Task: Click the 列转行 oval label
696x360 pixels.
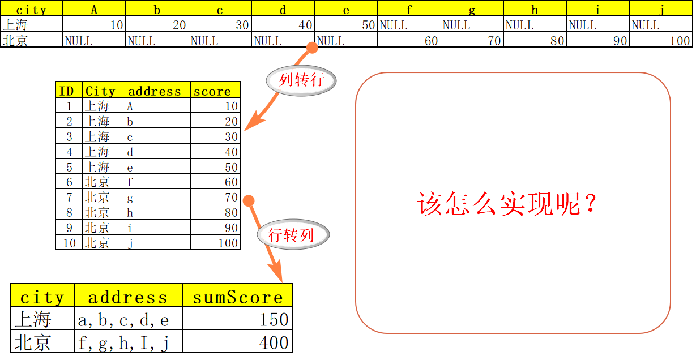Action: tap(301, 80)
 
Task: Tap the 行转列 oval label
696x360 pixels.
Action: tap(292, 234)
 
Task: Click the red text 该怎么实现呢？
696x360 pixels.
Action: tap(508, 204)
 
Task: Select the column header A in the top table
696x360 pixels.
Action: tap(94, 9)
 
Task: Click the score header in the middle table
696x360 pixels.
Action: tap(215, 91)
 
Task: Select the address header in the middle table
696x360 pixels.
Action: tap(157, 91)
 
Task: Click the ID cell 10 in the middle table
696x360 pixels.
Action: tap(69, 243)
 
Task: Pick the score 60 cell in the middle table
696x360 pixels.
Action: tap(215, 182)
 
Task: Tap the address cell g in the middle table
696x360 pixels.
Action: tap(157, 198)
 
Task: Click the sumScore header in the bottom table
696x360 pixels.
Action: tap(237, 297)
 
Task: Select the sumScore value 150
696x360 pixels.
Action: tap(237, 319)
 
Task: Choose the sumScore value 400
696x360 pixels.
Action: tap(237, 342)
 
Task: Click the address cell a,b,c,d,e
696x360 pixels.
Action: tap(128, 319)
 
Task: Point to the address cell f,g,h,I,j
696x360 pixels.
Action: tap(128, 342)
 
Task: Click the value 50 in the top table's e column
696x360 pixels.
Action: tap(345, 25)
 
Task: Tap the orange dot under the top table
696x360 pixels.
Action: tap(312, 48)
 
